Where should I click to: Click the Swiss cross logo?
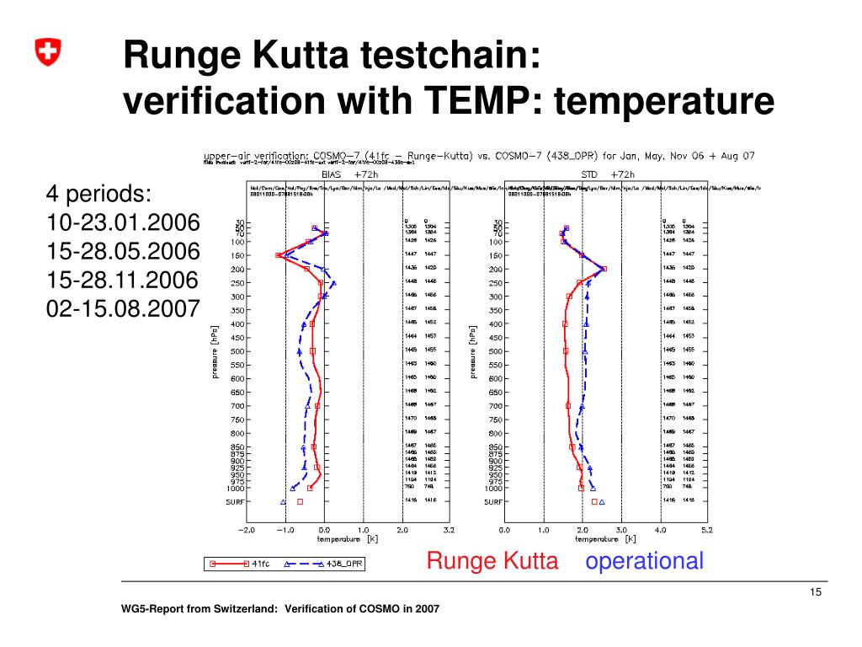(49, 53)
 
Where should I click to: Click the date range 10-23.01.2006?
(123, 223)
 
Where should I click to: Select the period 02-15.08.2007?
(123, 308)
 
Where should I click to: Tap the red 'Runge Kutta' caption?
(492, 561)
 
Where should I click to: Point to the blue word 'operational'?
(644, 561)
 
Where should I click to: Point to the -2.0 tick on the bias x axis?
(246, 531)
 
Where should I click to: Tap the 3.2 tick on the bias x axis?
(448, 531)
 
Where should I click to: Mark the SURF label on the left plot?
(235, 502)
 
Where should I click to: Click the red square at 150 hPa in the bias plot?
(278, 255)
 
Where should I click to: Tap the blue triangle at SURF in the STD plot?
(601, 502)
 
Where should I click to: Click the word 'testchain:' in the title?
(451, 57)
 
